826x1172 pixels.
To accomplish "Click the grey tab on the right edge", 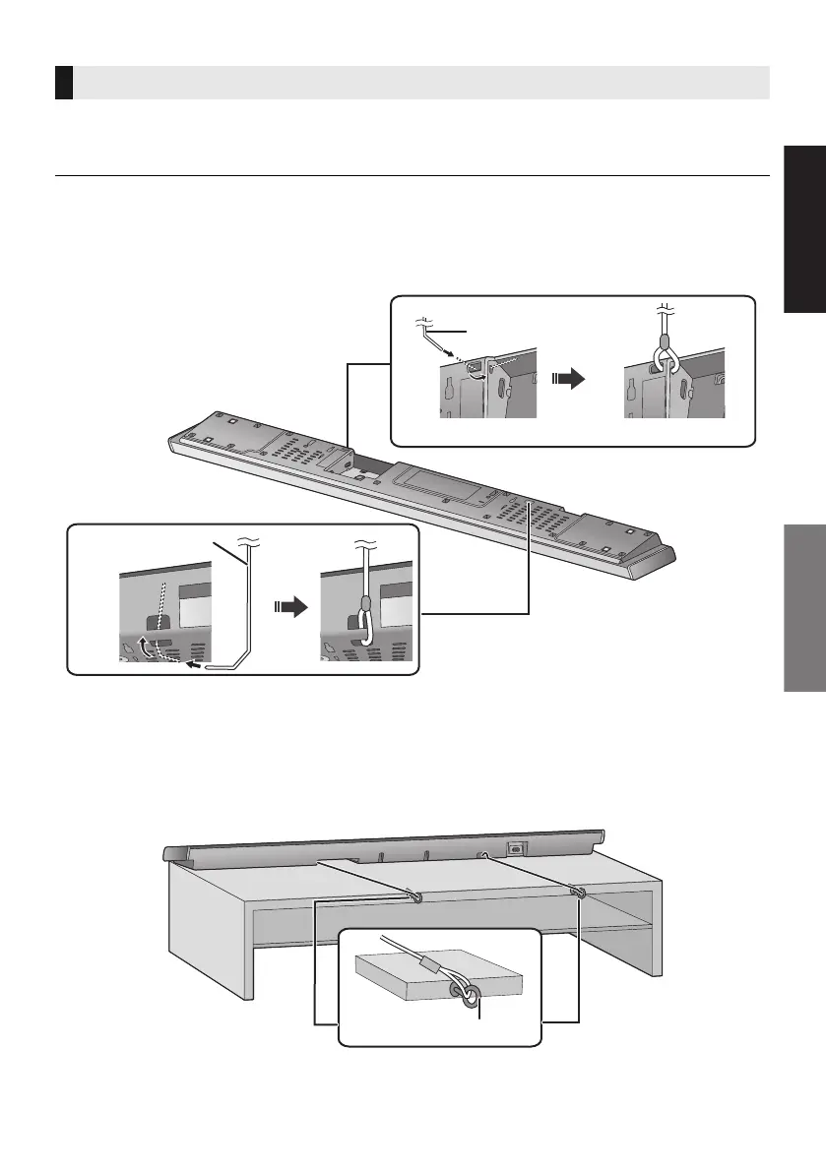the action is coord(804,610).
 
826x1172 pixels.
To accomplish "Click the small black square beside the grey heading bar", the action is coord(64,83).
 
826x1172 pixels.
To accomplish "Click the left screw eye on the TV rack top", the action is coord(413,895).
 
